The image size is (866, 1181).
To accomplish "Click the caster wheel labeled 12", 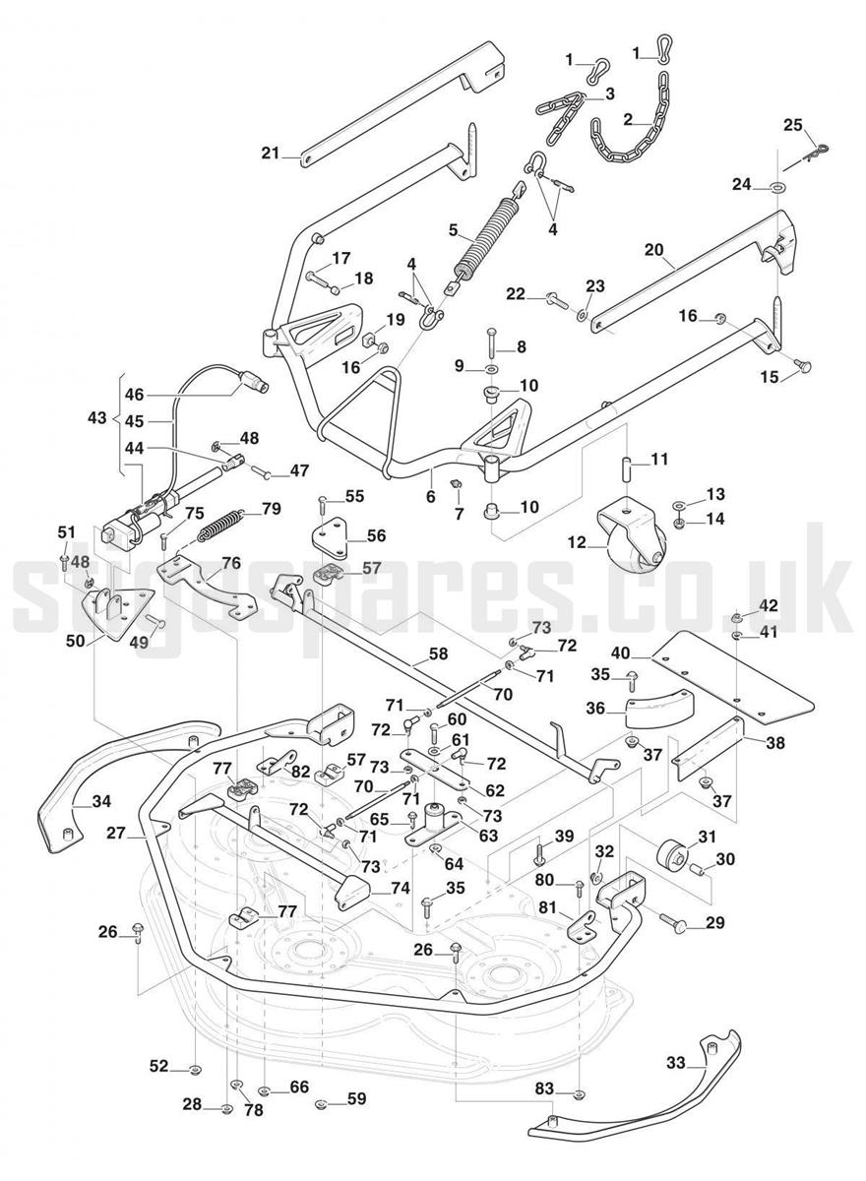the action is tap(631, 533).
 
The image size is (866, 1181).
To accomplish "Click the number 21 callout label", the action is tap(270, 154).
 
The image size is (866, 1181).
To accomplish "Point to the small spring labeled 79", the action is tap(220, 525).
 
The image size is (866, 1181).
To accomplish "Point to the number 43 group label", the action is tap(96, 418).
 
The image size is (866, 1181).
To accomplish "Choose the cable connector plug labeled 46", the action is tap(254, 382).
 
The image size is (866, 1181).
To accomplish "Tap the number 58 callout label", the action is tap(438, 653).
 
